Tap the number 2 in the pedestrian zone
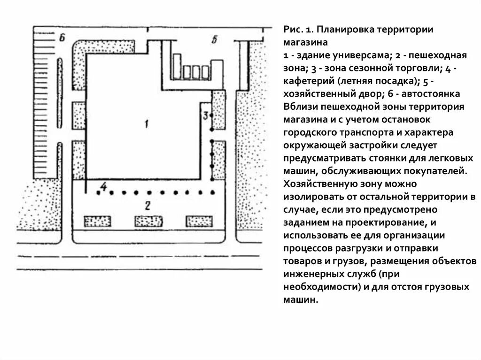[147, 205]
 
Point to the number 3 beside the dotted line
[205, 115]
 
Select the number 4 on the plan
[103, 187]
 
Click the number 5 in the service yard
[214, 40]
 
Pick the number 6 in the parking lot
[61, 38]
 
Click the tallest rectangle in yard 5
[178, 66]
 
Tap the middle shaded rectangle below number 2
[148, 221]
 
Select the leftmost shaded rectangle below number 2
[97, 221]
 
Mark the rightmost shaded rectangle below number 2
[200, 221]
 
